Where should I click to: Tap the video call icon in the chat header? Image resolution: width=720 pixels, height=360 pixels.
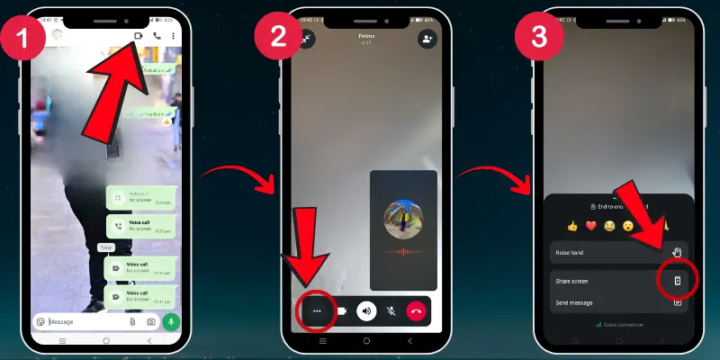(139, 36)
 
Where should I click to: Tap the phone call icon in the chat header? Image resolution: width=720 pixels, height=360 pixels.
(157, 36)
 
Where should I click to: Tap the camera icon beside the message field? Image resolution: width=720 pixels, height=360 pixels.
(151, 321)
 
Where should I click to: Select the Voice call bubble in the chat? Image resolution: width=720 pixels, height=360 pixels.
(139, 226)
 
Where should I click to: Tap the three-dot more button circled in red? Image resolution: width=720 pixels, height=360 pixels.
(317, 311)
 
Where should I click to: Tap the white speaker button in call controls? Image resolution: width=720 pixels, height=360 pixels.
(365, 311)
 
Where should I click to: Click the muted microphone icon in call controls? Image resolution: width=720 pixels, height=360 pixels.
(391, 311)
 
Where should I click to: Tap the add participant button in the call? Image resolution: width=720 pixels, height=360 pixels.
(426, 39)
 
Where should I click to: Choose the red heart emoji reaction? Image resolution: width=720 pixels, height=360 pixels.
(591, 226)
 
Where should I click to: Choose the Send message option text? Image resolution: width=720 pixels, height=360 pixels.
(574, 303)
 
